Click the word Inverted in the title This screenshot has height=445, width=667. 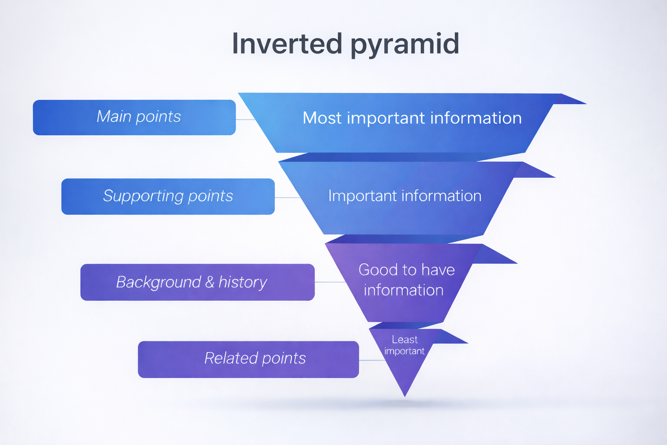[x=287, y=44]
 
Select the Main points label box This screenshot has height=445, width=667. [x=134, y=117]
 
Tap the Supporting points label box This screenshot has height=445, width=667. [x=168, y=196]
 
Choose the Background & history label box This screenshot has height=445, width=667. [x=197, y=282]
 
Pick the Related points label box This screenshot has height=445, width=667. [x=248, y=359]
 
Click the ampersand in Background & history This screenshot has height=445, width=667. [x=210, y=282]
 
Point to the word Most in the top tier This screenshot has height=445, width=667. [x=322, y=118]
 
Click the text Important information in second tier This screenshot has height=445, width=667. [x=404, y=196]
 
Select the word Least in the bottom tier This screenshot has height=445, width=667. [x=404, y=339]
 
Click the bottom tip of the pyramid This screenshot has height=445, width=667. [x=404, y=395]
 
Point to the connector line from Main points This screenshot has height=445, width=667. [x=245, y=120]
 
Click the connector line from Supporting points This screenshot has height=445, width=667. [x=287, y=198]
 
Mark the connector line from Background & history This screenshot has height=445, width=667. [x=330, y=282]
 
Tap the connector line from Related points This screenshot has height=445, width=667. [x=372, y=360]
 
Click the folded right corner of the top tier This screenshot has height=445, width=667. [x=569, y=100]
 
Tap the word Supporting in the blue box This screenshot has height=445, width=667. [x=144, y=196]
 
